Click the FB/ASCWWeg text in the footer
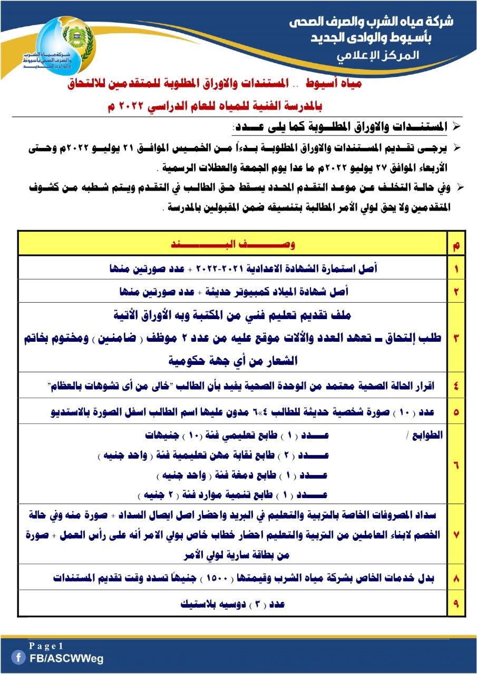(x=66, y=658)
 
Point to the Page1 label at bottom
(x=46, y=646)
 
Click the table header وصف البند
(x=232, y=245)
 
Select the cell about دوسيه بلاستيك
(x=232, y=604)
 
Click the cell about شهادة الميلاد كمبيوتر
(x=232, y=291)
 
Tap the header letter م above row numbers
(x=456, y=245)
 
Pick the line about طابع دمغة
(x=242, y=475)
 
